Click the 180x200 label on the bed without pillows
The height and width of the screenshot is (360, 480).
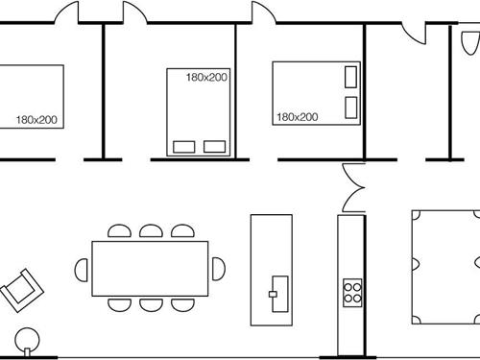pyautogui.click(x=36, y=120)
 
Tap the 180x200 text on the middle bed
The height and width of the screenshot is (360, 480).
pyautogui.click(x=207, y=78)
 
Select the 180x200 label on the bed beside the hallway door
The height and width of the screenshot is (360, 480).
pyautogui.click(x=297, y=117)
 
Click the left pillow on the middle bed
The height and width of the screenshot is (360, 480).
pyautogui.click(x=182, y=147)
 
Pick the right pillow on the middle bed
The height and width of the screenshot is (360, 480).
pyautogui.click(x=215, y=147)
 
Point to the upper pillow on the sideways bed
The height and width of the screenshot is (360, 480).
pyautogui.click(x=350, y=75)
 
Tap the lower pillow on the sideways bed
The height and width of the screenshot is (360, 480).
pyautogui.click(x=350, y=106)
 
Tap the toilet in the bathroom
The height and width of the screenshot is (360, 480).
pyautogui.click(x=468, y=43)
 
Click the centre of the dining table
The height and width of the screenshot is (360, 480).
pyautogui.click(x=150, y=268)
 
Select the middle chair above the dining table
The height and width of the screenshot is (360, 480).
pyautogui.click(x=150, y=231)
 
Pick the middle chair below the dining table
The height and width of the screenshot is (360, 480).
pyautogui.click(x=150, y=304)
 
